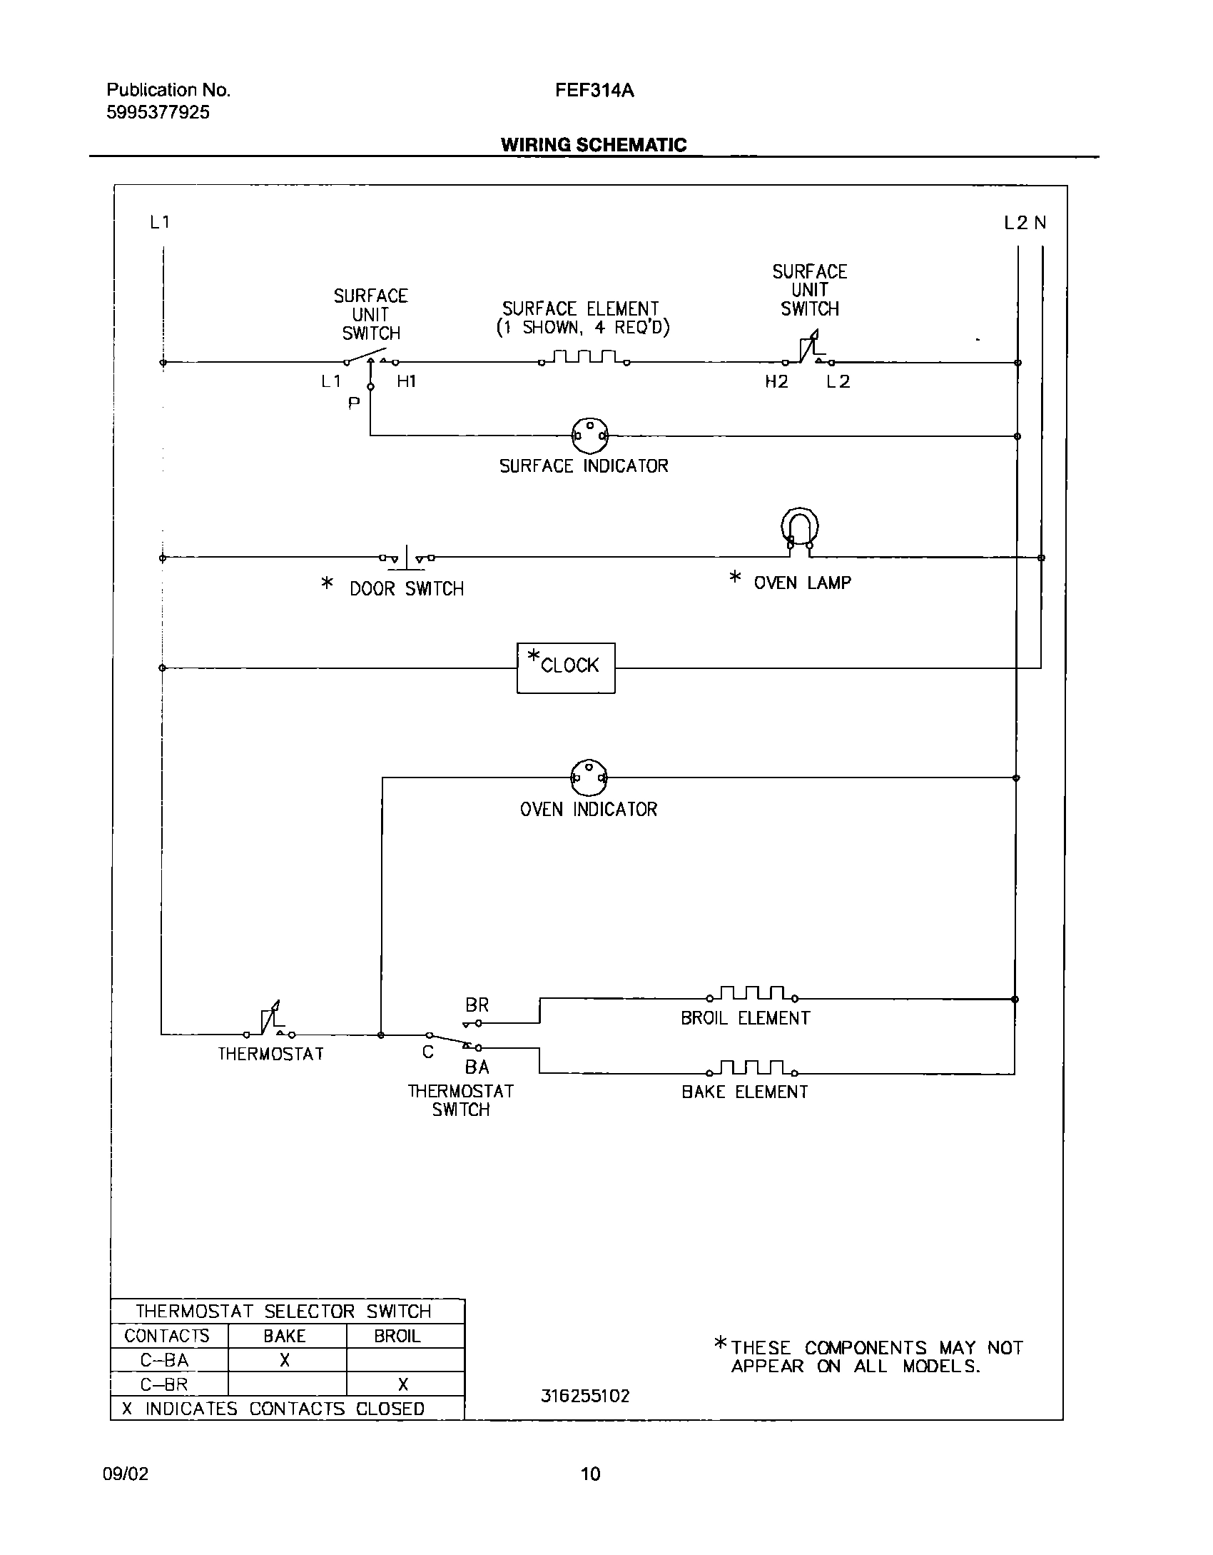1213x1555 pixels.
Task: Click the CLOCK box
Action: [566, 668]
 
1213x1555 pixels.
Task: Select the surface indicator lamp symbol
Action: [589, 436]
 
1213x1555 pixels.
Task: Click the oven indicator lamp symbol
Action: [589, 777]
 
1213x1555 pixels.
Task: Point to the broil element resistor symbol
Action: [753, 994]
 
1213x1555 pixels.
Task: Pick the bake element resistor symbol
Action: [753, 1068]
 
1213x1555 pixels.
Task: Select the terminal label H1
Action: [406, 382]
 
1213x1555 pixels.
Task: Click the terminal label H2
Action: [776, 382]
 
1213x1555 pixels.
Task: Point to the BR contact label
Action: [477, 1005]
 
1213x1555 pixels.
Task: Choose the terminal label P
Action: [353, 404]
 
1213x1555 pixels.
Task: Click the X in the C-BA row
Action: [285, 1361]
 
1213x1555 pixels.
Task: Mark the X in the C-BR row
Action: [403, 1385]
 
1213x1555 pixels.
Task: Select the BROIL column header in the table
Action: [397, 1337]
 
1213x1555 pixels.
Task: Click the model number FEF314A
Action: [594, 91]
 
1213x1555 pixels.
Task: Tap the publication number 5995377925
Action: [158, 113]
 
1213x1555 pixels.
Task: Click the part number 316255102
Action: [585, 1397]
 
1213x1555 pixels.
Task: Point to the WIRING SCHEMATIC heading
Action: [593, 145]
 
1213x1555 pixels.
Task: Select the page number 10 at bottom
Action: [590, 1474]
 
